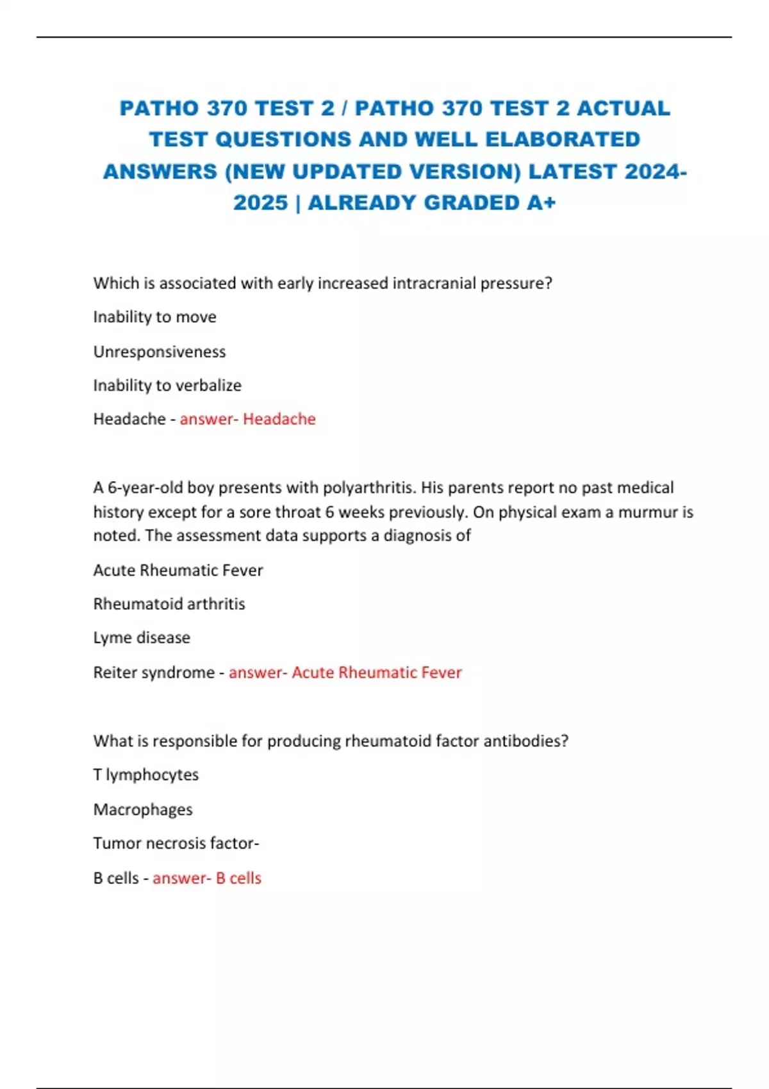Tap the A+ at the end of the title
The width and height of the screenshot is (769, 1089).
pos(541,202)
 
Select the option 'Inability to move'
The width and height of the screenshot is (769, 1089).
pos(154,317)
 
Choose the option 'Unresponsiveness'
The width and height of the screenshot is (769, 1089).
pos(160,352)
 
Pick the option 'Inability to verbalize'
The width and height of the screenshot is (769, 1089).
pos(167,386)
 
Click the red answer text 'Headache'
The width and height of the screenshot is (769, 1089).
pos(279,419)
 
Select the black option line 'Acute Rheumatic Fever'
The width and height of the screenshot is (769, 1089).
pos(178,570)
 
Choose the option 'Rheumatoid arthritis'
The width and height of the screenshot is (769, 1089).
pos(169,604)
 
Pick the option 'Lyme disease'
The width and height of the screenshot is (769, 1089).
pos(142,637)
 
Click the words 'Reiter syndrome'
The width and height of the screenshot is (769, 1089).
pos(154,673)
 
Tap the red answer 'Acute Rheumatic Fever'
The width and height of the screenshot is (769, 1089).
pos(377,673)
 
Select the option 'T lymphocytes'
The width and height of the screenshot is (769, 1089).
pos(146,774)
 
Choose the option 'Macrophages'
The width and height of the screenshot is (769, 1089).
pos(143,810)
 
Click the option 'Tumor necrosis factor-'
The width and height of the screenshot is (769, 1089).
pos(176,843)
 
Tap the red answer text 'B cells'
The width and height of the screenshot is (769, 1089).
pos(238,878)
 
